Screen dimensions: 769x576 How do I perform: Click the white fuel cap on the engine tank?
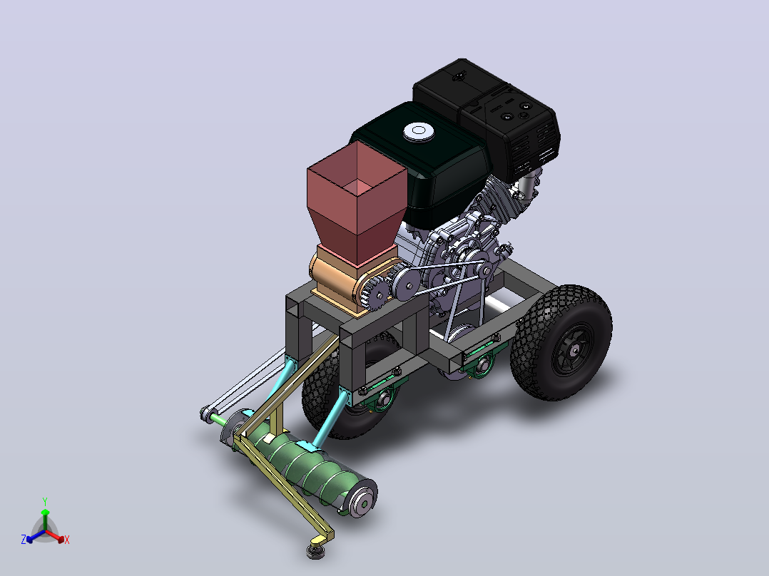click(x=418, y=131)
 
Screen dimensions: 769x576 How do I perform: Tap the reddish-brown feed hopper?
click(x=357, y=201)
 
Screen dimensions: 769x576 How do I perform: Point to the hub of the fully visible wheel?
click(x=573, y=349)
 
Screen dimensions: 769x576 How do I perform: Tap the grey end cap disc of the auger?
click(x=363, y=498)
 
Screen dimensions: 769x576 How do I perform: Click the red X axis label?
click(x=67, y=540)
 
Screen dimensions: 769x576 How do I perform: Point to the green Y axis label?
click(x=45, y=501)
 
